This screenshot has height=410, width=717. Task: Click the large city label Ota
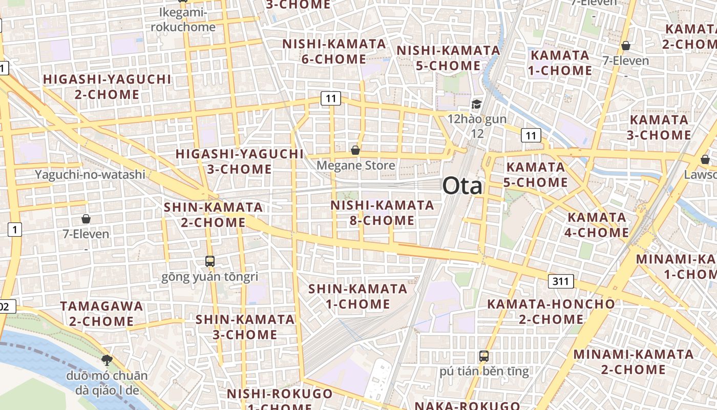click(462, 186)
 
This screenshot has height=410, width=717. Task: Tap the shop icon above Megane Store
click(355, 150)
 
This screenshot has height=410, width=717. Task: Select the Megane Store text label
click(355, 166)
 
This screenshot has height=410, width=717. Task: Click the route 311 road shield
click(561, 281)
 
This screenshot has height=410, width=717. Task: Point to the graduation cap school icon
click(477, 105)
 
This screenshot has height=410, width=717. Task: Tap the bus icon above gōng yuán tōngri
click(210, 261)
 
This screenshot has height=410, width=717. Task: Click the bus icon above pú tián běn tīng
click(484, 356)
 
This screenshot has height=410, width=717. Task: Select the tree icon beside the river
click(107, 360)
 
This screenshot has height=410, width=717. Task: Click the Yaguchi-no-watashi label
click(90, 175)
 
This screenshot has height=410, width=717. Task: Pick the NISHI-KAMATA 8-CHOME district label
click(382, 213)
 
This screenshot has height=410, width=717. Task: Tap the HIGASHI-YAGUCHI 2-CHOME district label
click(107, 87)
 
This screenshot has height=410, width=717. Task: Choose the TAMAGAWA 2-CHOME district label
click(101, 314)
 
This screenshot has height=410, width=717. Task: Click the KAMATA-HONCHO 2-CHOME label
click(551, 311)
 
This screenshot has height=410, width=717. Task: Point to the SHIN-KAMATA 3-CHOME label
click(245, 327)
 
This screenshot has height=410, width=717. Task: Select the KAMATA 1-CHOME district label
click(560, 63)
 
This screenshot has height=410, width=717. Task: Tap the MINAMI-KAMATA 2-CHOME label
click(633, 362)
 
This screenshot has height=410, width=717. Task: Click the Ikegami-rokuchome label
click(182, 19)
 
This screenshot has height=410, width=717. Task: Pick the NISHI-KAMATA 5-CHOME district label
click(448, 58)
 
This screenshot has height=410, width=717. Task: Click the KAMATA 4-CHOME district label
click(598, 225)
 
